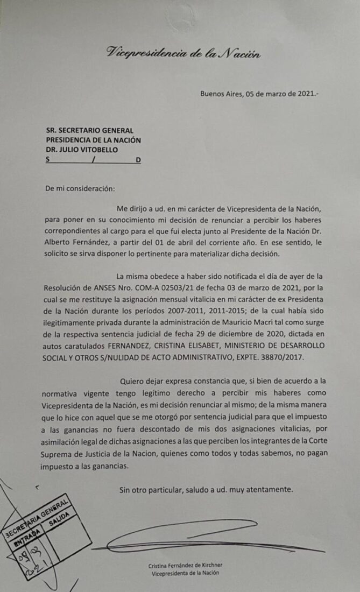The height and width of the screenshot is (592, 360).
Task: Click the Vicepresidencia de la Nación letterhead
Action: [x=183, y=52]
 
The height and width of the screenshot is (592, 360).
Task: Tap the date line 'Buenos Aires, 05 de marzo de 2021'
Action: [x=259, y=93]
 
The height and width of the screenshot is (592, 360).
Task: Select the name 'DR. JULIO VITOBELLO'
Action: [x=81, y=150]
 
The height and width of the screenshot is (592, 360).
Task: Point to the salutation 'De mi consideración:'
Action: [x=80, y=188]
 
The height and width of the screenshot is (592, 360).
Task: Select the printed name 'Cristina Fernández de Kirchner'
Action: [x=186, y=565]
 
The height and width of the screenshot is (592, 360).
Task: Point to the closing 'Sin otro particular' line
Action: [x=206, y=490]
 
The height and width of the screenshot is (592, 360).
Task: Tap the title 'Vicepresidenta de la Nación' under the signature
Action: [x=186, y=573]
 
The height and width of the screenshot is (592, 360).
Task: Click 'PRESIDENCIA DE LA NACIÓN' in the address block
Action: [x=93, y=140]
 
